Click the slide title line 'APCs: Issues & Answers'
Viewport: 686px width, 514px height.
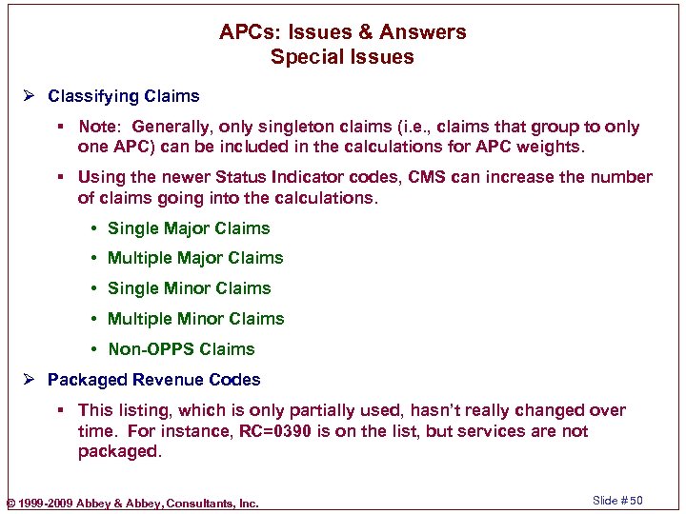(342, 32)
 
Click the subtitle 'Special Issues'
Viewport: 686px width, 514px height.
(342, 57)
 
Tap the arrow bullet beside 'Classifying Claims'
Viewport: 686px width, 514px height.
(31, 96)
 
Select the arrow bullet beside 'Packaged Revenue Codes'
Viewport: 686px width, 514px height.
(31, 380)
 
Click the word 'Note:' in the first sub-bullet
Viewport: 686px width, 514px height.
(100, 127)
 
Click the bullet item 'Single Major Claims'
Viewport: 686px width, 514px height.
(189, 228)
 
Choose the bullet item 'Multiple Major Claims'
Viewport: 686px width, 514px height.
(195, 258)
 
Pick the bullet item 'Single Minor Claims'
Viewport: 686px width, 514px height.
(189, 288)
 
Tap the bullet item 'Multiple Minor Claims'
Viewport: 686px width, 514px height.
(195, 319)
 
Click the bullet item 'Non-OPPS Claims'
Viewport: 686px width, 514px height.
(181, 349)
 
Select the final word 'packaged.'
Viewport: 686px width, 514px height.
(120, 452)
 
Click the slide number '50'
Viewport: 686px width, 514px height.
(636, 501)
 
